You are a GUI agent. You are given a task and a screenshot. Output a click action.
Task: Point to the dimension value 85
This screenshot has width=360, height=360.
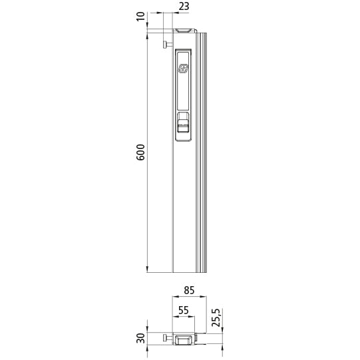pyautogui.click(x=188, y=289)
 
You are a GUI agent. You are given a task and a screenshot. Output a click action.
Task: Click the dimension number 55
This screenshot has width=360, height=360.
pyautogui.click(x=183, y=310)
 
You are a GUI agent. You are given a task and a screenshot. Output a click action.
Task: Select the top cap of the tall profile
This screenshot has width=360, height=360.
pyautogui.click(x=185, y=31)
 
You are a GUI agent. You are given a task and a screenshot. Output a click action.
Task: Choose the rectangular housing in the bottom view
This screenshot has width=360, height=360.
pyautogui.click(x=184, y=339)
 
